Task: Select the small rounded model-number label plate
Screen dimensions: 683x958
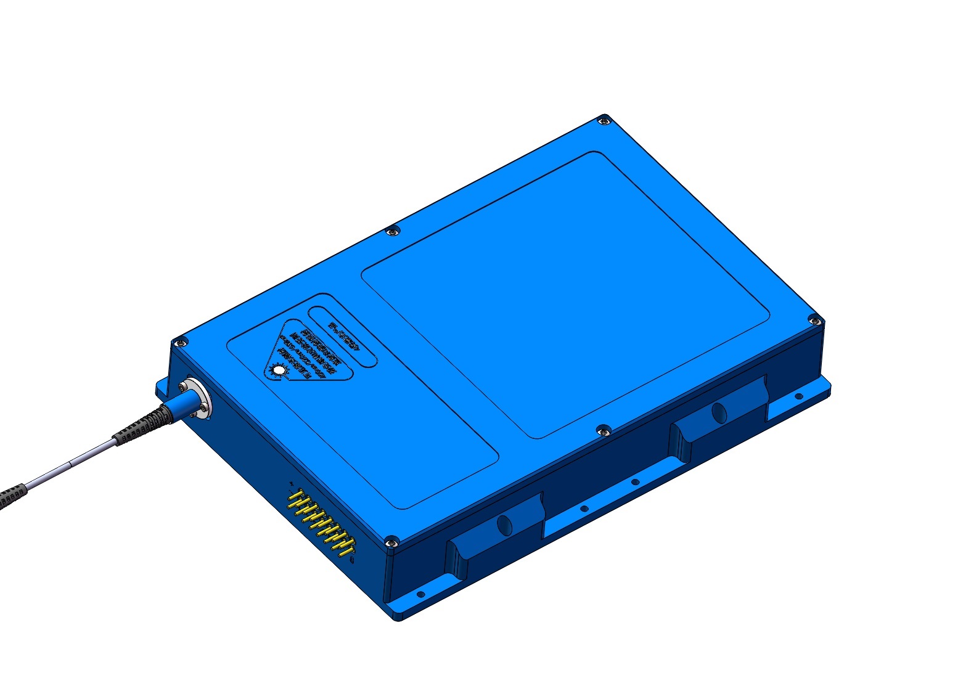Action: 343,336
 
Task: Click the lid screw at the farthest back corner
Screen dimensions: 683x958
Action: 605,121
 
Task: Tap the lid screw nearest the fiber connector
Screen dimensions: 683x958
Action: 179,342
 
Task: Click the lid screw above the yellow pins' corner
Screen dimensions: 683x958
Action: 390,542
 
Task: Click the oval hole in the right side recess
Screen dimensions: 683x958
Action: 719,412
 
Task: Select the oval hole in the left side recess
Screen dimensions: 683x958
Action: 504,525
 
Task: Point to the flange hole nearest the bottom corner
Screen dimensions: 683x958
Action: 420,594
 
